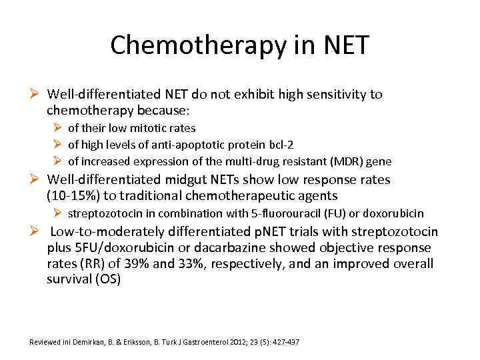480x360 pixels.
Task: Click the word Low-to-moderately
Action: point(103,231)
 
